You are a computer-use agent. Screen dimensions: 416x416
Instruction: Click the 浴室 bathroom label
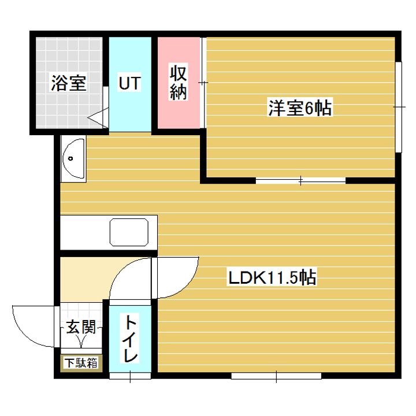tap(68, 83)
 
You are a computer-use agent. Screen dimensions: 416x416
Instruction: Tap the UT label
tap(129, 83)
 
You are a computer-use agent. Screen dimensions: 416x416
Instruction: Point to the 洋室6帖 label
tap(300, 107)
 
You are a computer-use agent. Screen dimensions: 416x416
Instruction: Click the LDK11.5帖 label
tap(273, 277)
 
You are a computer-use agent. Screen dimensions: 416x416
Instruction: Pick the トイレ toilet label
tap(130, 339)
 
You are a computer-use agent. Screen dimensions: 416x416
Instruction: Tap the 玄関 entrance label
tap(81, 326)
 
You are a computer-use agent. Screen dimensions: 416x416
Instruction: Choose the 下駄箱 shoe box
tap(81, 363)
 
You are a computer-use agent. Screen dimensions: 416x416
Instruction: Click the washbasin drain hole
tap(70, 159)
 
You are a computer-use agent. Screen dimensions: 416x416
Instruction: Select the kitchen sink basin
tap(129, 232)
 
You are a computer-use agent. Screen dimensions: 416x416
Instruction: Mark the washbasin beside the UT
tap(73, 159)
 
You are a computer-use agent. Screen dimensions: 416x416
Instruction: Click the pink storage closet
tap(179, 83)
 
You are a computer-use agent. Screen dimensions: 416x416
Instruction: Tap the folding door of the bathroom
tap(98, 118)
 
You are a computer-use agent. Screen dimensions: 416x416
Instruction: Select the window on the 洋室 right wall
tap(399, 107)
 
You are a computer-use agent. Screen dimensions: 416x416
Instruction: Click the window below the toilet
tap(130, 376)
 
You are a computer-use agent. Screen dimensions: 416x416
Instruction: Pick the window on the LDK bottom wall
tap(276, 376)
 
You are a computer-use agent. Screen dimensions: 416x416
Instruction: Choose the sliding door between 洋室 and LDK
tap(300, 181)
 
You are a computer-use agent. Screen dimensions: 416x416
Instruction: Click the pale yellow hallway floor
tap(85, 280)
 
